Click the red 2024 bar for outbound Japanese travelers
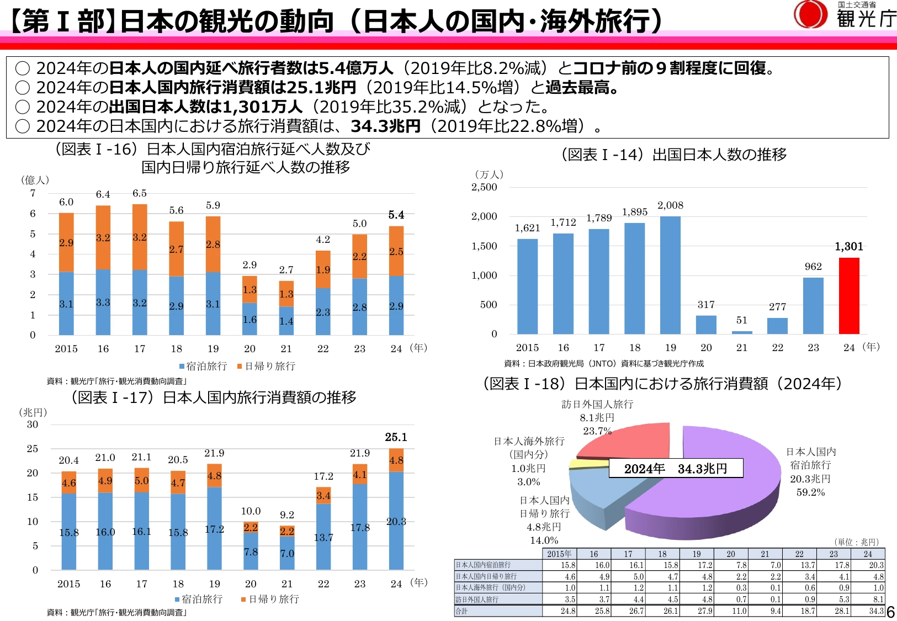pyautogui.click(x=849, y=296)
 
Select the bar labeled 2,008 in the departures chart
pyautogui.click(x=670, y=275)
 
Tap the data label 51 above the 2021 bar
pyautogui.click(x=742, y=320)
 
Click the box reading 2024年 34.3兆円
pyautogui.click(x=676, y=469)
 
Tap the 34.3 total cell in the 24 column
pyautogui.click(x=876, y=611)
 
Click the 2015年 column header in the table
pyautogui.click(x=559, y=554)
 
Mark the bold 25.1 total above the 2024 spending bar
pyautogui.click(x=396, y=437)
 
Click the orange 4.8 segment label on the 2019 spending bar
pyautogui.click(x=214, y=476)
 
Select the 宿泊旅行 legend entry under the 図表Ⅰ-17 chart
pyautogui.click(x=199, y=599)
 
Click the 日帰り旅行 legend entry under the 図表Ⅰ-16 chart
pyautogui.click(x=266, y=366)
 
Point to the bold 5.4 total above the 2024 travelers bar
pyautogui.click(x=396, y=215)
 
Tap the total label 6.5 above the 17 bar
pyautogui.click(x=139, y=193)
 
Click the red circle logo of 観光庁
pyautogui.click(x=810, y=14)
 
